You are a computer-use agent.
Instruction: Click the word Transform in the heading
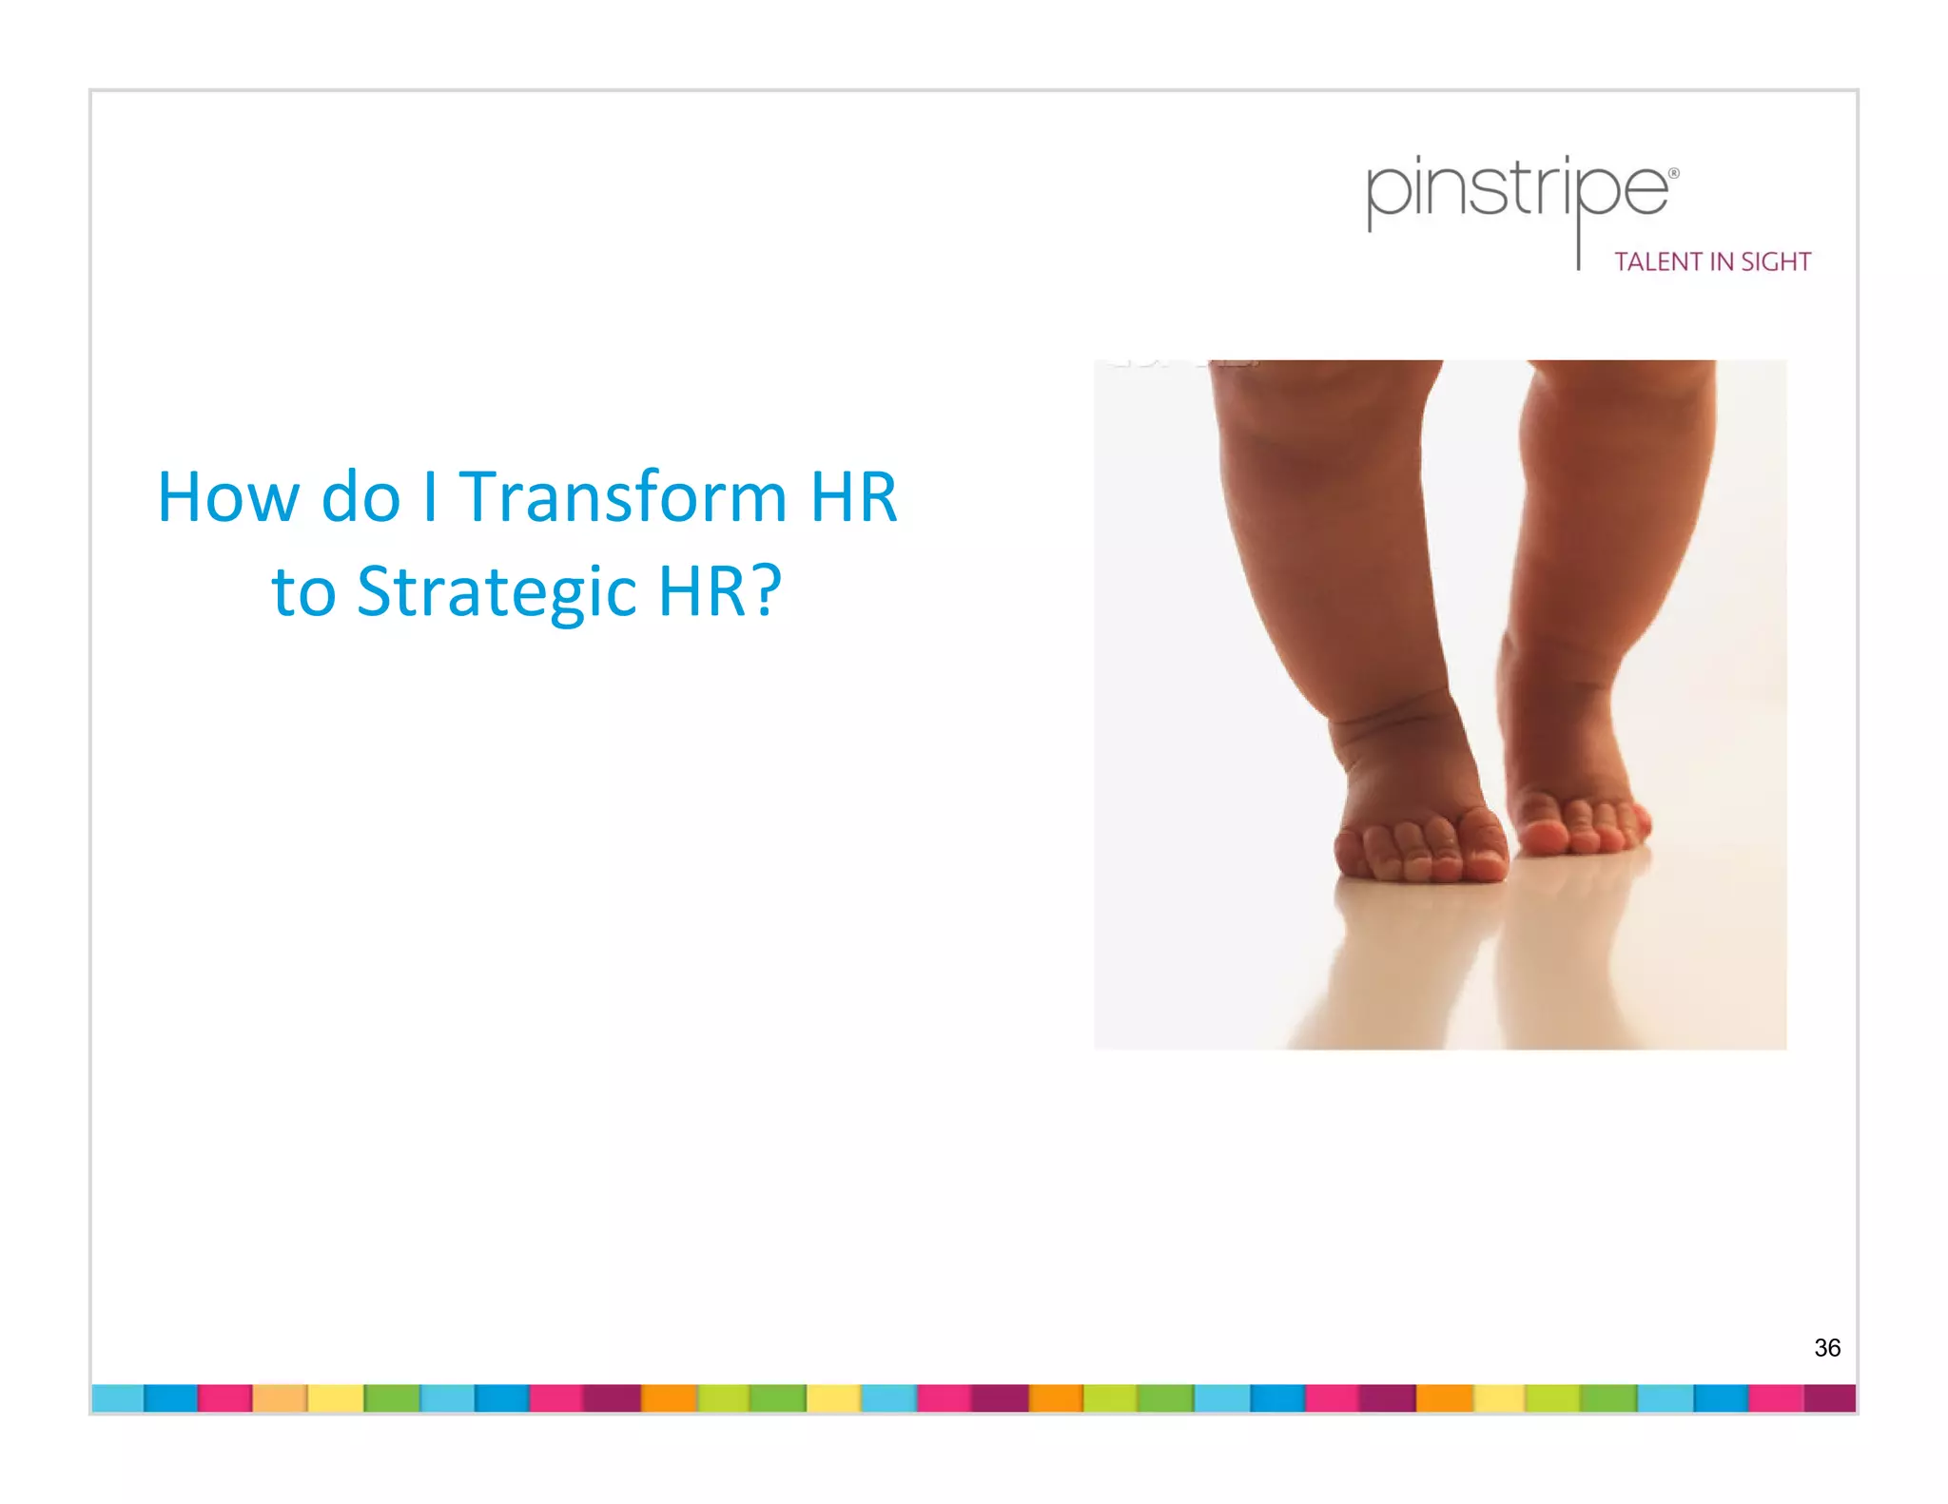point(623,497)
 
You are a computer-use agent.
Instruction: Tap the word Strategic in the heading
point(497,591)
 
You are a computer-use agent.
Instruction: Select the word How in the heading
point(227,497)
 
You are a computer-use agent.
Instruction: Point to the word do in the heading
point(360,497)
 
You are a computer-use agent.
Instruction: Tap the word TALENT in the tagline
point(1658,262)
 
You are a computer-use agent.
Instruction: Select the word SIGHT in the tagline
point(1776,262)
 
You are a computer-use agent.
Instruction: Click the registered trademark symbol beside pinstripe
point(1674,174)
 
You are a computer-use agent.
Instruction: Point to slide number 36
point(1826,1347)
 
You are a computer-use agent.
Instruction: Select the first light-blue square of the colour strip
point(118,1398)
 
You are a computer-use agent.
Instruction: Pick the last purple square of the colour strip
point(1830,1398)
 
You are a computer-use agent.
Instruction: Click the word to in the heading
point(303,591)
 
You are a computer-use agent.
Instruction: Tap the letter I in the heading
point(430,497)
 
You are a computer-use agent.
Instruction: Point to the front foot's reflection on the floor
point(1398,960)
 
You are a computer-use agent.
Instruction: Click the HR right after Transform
point(853,497)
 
